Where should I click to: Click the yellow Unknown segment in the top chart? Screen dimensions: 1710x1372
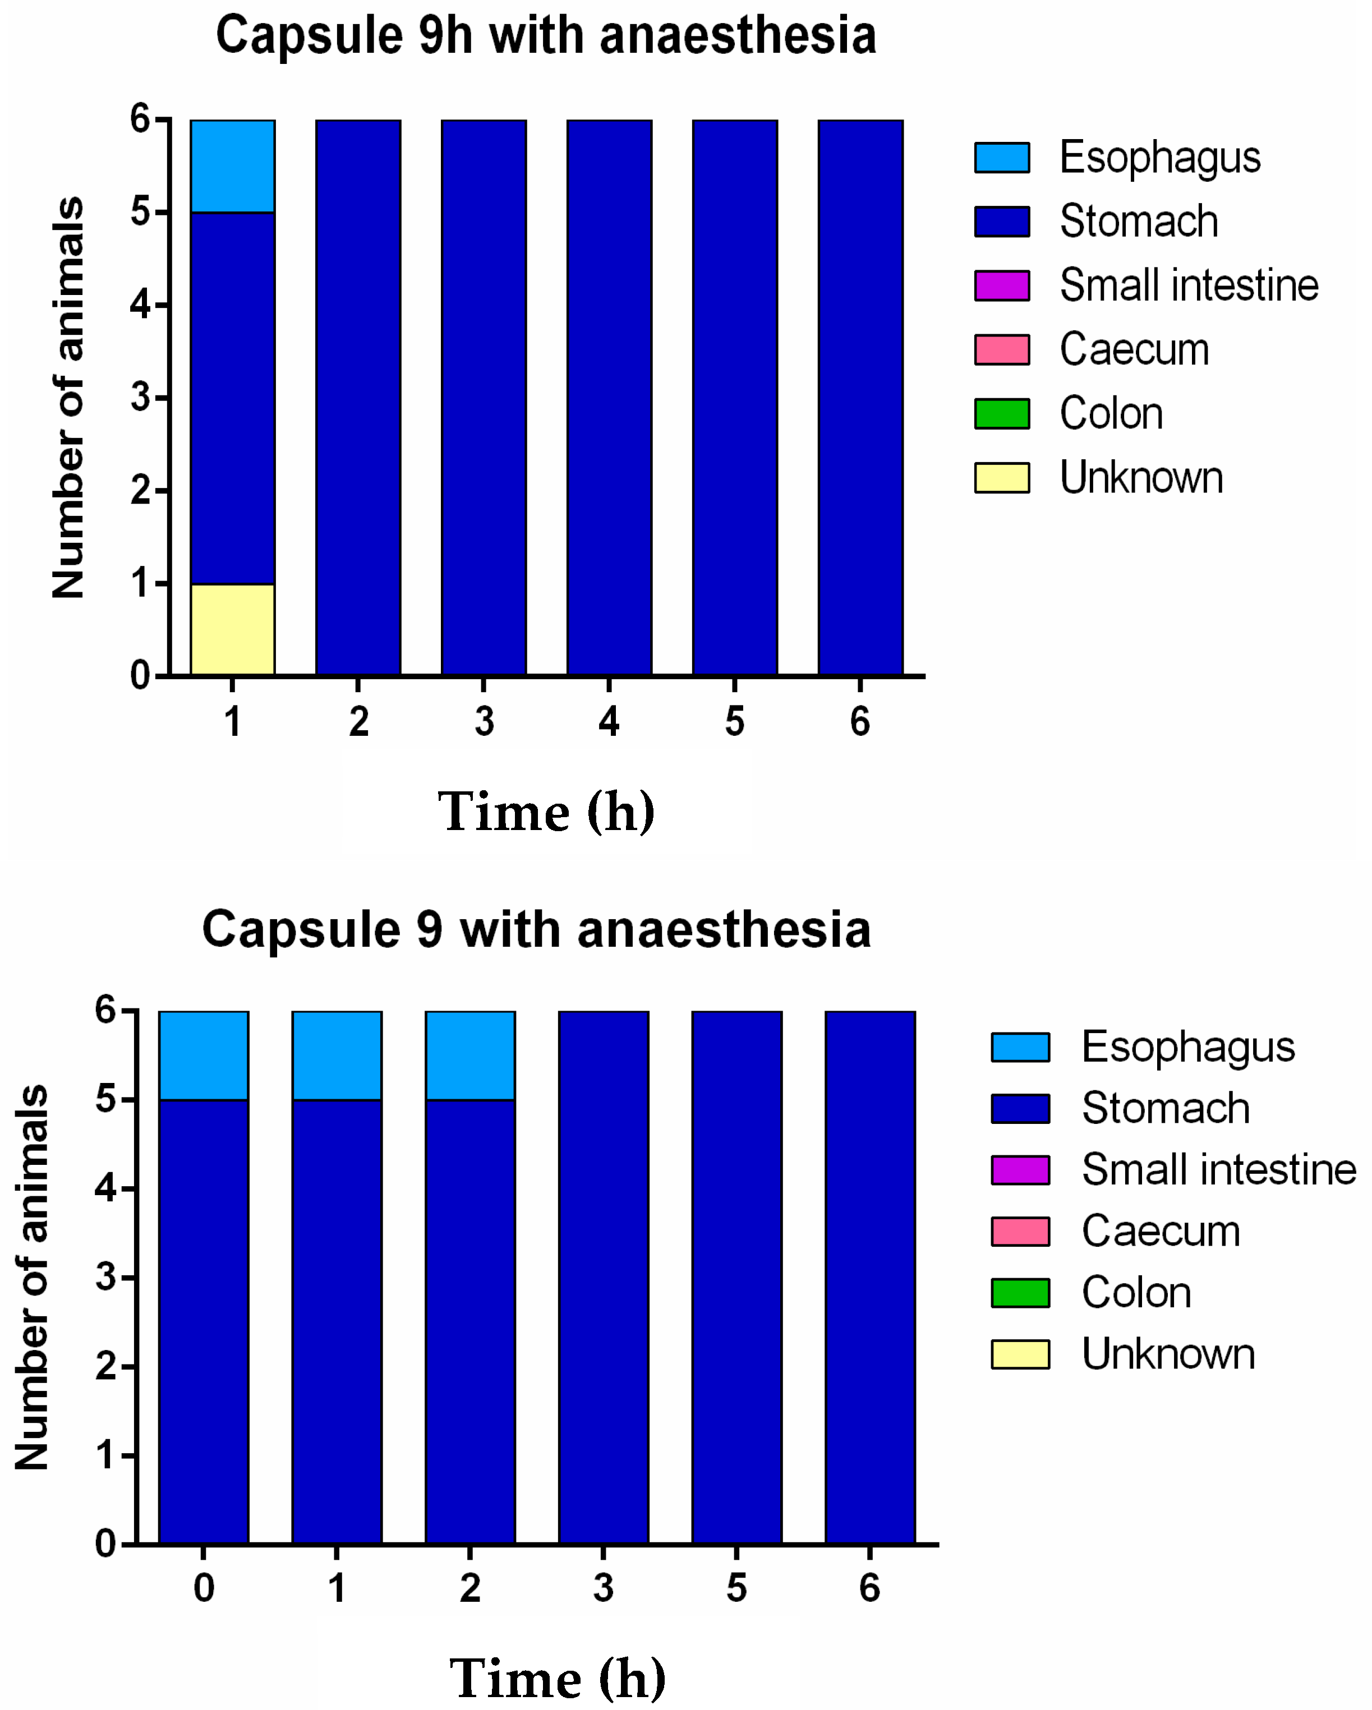point(232,630)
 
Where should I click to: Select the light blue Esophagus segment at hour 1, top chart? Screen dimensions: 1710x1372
point(232,167)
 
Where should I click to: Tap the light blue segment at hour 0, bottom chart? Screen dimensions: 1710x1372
point(204,1056)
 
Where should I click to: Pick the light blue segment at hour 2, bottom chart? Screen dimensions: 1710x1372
point(470,1056)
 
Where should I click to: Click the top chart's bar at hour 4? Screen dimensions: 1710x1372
point(609,397)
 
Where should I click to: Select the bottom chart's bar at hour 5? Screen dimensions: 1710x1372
point(736,1277)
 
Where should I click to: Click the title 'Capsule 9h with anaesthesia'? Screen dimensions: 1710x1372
point(546,36)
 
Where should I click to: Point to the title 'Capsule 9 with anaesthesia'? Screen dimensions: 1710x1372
point(537,929)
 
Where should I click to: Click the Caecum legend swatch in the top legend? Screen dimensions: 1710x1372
point(1002,350)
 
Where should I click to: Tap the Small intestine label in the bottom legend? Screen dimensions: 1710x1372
point(1218,1170)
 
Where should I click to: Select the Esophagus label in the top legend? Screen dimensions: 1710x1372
point(1159,157)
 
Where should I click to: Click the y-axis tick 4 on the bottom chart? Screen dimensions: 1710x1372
point(105,1188)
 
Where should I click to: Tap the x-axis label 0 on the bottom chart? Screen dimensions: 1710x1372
point(204,1588)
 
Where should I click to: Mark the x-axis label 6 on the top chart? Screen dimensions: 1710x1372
point(860,722)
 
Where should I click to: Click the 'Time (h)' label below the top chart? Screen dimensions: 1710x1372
point(546,812)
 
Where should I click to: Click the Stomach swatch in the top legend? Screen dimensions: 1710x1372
point(1002,222)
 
